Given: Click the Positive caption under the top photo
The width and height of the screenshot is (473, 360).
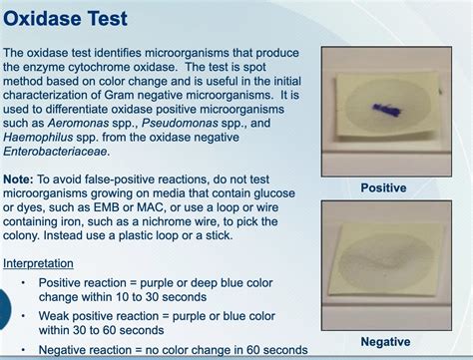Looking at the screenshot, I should (x=384, y=186).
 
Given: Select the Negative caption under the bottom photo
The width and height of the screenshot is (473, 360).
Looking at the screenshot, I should (x=385, y=342).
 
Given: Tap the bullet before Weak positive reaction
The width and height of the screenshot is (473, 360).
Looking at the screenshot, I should (x=24, y=315).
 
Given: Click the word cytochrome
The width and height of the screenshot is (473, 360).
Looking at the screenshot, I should (x=100, y=66).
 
